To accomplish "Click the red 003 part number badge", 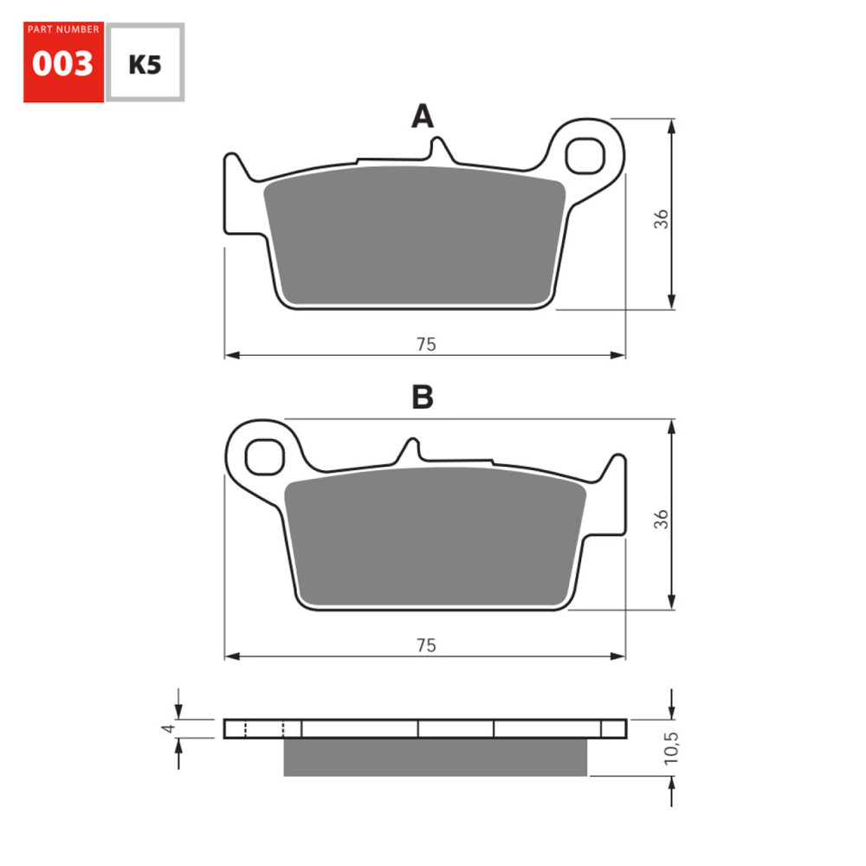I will (x=63, y=63).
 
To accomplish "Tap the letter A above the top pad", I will (x=422, y=117).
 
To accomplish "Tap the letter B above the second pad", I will (x=422, y=397).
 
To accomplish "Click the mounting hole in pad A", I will (x=582, y=156).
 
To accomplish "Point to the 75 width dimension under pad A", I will (x=425, y=344).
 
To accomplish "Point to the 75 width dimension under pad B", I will (x=425, y=645).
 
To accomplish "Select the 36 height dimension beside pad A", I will (x=662, y=218).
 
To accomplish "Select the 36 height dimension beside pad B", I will (x=662, y=519).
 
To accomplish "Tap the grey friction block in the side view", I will (x=435, y=757).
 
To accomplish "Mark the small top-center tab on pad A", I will (x=439, y=150).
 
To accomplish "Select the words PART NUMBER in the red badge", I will (x=63, y=29).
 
